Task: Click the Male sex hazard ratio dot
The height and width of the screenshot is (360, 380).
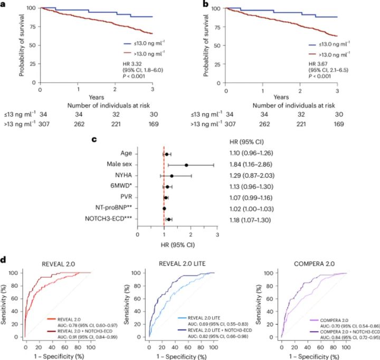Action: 186,165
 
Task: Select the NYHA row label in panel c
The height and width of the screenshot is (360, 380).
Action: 123,175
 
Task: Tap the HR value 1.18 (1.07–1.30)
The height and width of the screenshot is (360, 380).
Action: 250,220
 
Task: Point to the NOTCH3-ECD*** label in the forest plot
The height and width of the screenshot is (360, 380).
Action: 108,219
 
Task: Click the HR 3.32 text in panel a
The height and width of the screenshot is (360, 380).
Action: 132,64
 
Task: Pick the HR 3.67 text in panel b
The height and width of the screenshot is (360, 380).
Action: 318,64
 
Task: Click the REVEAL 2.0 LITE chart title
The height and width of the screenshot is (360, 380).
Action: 182,264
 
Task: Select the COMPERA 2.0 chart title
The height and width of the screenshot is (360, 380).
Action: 315,264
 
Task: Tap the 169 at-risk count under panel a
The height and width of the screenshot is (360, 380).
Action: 154,124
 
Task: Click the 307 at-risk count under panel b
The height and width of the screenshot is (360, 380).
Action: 230,124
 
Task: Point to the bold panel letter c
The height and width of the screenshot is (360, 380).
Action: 94,139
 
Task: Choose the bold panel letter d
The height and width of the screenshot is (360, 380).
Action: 3,260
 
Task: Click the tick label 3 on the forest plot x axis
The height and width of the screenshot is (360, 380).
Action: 217,235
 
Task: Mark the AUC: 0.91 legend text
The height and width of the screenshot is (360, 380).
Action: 88,337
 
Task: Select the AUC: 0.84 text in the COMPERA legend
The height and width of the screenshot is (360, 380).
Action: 350,337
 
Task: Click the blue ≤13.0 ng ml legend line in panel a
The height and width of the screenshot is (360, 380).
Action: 128,44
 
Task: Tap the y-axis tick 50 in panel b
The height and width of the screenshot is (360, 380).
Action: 217,46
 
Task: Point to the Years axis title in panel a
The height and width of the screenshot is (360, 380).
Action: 96,97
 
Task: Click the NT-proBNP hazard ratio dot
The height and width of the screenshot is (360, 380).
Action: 164,209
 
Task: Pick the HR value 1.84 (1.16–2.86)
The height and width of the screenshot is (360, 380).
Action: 251,164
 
